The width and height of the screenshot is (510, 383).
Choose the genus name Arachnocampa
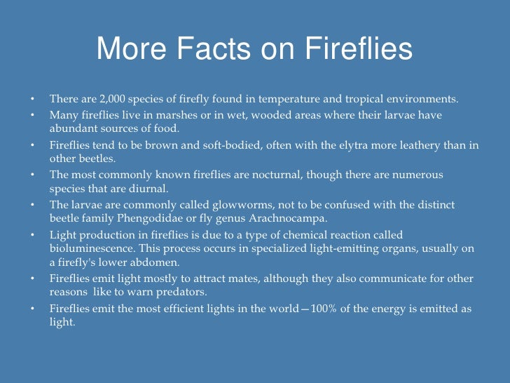click(283, 220)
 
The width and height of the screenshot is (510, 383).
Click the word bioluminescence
click(91, 249)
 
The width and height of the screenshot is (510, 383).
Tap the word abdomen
click(160, 263)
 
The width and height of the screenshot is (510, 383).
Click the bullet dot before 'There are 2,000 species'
click(32, 98)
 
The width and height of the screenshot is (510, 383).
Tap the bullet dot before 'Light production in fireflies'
click(32, 235)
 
